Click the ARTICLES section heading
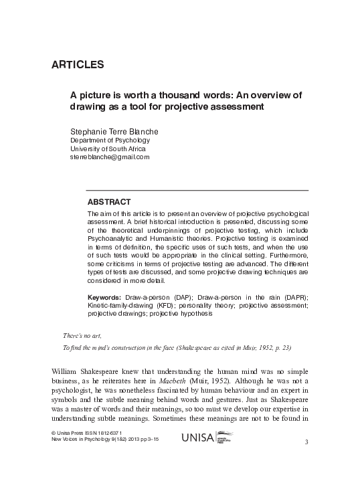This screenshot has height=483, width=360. click(x=77, y=65)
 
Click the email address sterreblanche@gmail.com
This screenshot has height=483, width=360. click(x=110, y=157)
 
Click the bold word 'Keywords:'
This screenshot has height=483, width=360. click(x=104, y=296)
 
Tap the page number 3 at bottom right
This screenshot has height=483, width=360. click(x=306, y=443)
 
